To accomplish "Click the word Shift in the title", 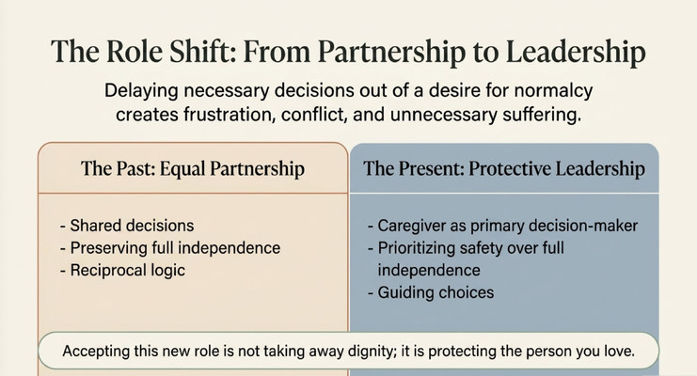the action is tap(202, 51).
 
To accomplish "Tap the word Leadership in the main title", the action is tap(576, 53).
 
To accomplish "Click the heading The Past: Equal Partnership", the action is tap(193, 169).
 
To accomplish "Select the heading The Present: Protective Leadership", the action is tap(504, 169).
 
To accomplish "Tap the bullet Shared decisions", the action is tap(127, 226).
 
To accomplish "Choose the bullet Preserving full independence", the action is tap(170, 248).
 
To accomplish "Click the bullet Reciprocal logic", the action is tap(122, 271).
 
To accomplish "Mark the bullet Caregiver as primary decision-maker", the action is tap(502, 226).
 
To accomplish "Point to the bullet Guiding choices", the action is tap(431, 293).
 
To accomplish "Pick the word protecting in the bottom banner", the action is tap(462, 352).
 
